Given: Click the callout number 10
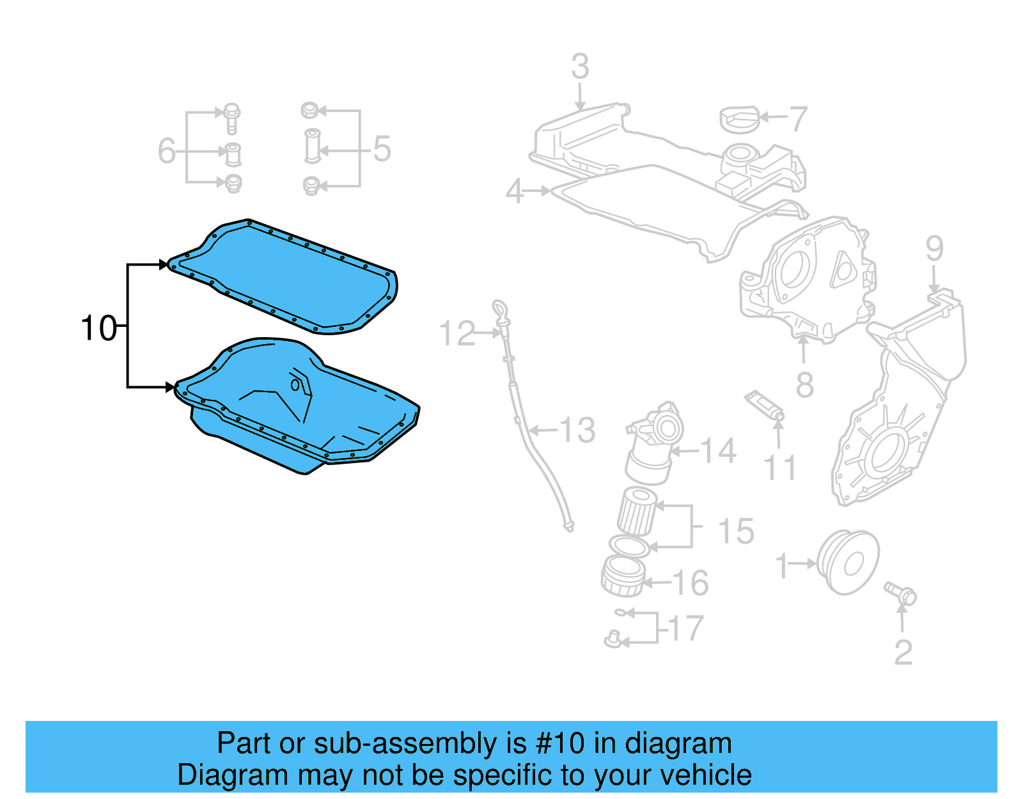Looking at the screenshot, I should pyautogui.click(x=98, y=328).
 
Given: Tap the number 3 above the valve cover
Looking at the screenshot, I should pyautogui.click(x=579, y=67).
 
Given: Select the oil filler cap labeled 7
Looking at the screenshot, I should pyautogui.click(x=740, y=120).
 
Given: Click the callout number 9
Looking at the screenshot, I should pyautogui.click(x=934, y=248).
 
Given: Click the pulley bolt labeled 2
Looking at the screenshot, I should pyautogui.click(x=900, y=593).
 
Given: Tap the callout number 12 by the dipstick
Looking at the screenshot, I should pyautogui.click(x=458, y=334).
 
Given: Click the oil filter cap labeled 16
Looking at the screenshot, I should pyautogui.click(x=623, y=576).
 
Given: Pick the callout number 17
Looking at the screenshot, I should pyautogui.click(x=686, y=628).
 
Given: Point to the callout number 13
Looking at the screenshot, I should pyautogui.click(x=578, y=430).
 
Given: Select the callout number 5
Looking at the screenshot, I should pyautogui.click(x=382, y=149).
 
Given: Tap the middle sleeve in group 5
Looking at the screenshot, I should pyautogui.click(x=312, y=146).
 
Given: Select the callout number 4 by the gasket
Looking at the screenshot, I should pyautogui.click(x=515, y=191).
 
